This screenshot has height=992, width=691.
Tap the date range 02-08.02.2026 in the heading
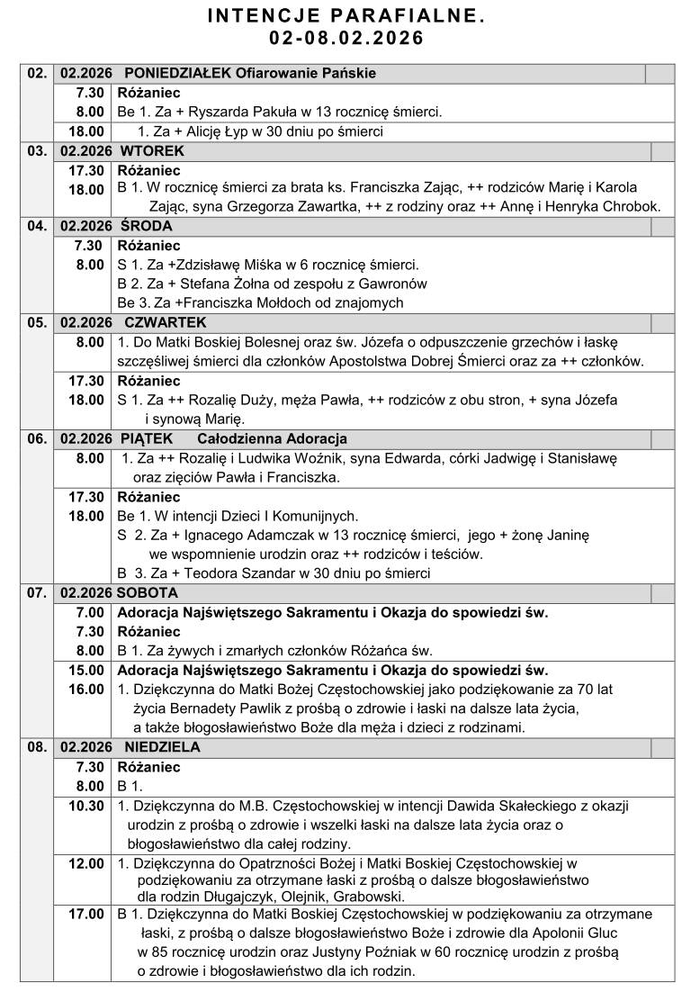tap(345, 39)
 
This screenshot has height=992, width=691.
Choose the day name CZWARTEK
tap(166, 322)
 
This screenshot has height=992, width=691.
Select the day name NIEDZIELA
tap(162, 747)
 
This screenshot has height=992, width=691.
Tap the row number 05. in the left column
tap(37, 322)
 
